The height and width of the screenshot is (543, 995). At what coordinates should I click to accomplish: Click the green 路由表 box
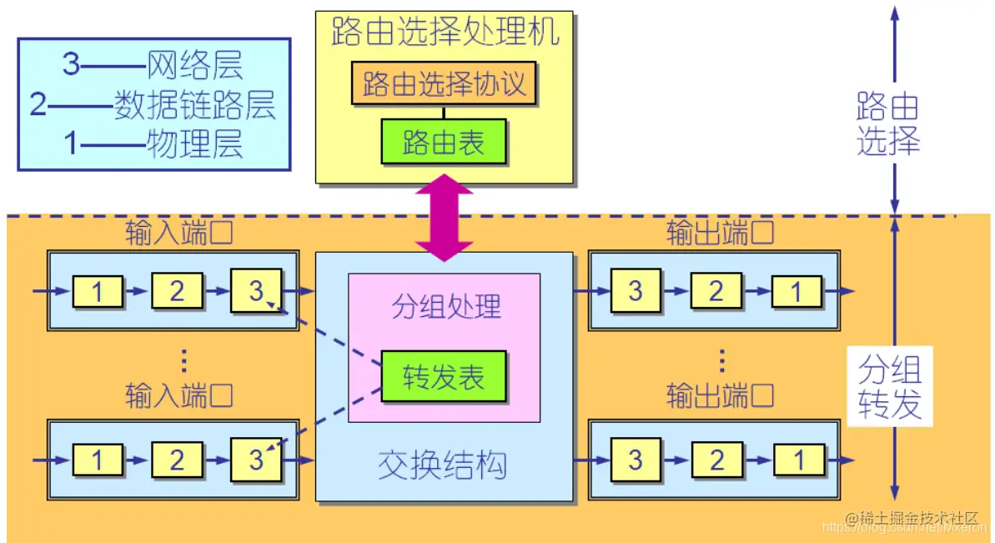[444, 142]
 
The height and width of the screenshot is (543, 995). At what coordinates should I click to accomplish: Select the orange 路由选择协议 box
[444, 85]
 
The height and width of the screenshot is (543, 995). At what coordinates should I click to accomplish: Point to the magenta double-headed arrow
[444, 217]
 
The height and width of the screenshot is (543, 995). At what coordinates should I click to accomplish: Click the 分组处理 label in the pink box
[446, 306]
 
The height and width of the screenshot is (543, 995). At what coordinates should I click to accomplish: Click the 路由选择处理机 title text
[444, 33]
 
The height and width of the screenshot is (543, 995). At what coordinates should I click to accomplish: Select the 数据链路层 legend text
[194, 105]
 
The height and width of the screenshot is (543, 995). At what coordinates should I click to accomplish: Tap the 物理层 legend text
[194, 144]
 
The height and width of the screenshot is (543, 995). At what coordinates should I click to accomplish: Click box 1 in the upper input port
[98, 291]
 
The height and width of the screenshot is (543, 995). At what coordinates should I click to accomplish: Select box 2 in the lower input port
[177, 460]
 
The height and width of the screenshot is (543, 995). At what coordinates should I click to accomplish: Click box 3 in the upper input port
[256, 290]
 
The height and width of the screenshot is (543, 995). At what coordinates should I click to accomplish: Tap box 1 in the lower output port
[797, 460]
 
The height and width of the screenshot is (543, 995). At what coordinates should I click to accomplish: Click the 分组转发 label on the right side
[889, 387]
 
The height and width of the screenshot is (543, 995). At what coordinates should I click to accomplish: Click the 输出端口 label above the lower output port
[719, 395]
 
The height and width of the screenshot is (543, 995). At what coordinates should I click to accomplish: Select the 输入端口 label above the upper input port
[178, 232]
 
